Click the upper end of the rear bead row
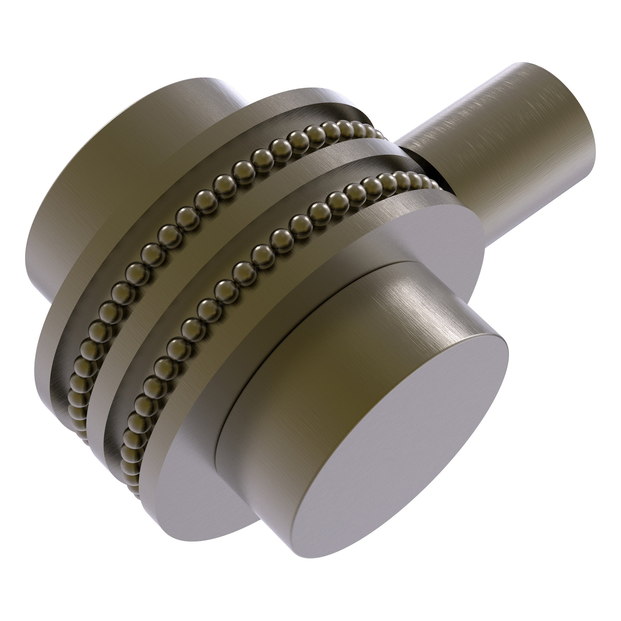(376, 132)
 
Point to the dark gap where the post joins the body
(424, 167)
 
